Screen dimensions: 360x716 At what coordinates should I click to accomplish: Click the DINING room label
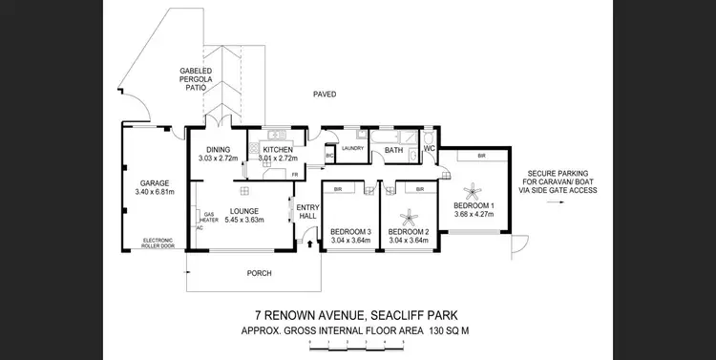(x=219, y=150)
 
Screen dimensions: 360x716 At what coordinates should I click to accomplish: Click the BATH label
(x=393, y=150)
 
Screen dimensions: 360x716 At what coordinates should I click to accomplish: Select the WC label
(x=429, y=149)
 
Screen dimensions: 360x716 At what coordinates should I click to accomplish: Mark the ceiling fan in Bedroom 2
(x=409, y=213)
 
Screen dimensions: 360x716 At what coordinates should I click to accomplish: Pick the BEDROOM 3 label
(x=349, y=232)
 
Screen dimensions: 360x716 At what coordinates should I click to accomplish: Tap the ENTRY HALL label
(x=308, y=212)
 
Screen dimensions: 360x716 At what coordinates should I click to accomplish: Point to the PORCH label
(x=259, y=273)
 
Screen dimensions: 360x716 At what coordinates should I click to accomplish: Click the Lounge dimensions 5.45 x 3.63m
(x=238, y=221)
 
